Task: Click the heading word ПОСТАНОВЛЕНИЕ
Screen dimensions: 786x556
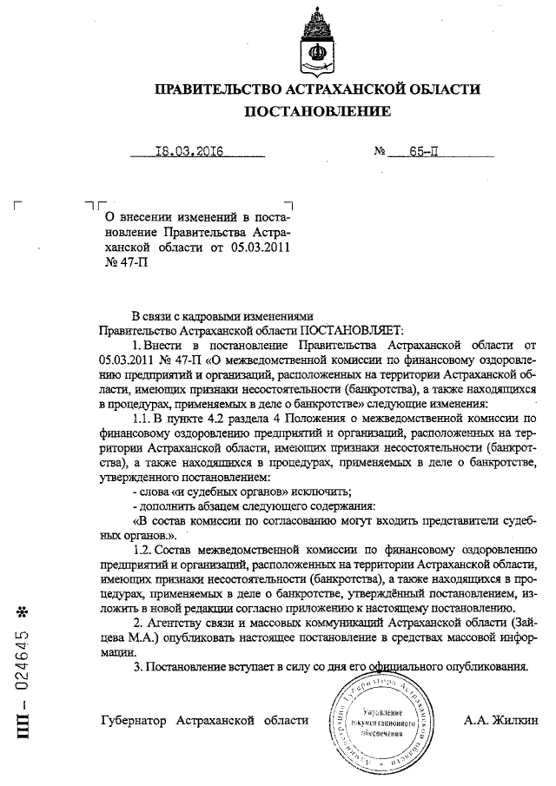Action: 316,111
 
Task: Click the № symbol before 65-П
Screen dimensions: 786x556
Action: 380,151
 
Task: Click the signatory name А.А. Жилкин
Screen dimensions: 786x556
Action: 501,720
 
